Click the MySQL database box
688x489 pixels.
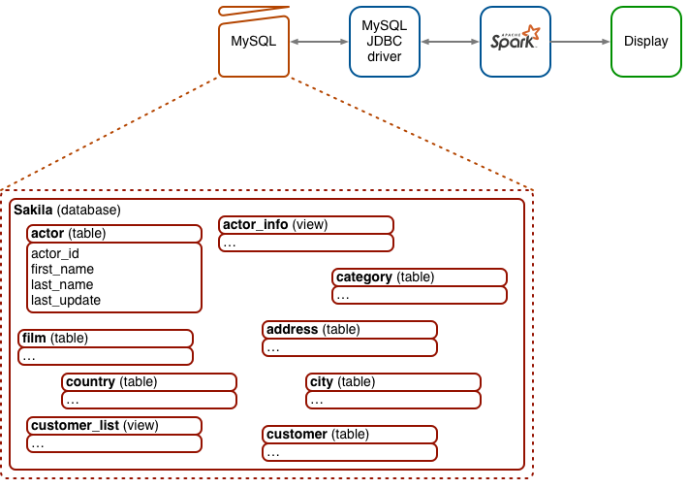pyautogui.click(x=254, y=42)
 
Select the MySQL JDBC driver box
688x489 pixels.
pyautogui.click(x=385, y=42)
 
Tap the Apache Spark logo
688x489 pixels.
pyautogui.click(x=516, y=42)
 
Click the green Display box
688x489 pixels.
pyautogui.click(x=645, y=42)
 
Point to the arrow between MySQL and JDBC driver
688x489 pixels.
pyautogui.click(x=319, y=42)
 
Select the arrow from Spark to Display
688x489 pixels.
pyautogui.click(x=580, y=42)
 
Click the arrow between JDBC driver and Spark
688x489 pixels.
pyautogui.click(x=450, y=42)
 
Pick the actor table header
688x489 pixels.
pyautogui.click(x=113, y=234)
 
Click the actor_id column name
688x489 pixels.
pyautogui.click(x=55, y=254)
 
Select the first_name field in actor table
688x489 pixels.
pyautogui.click(x=62, y=270)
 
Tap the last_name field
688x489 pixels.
pyautogui.click(x=62, y=285)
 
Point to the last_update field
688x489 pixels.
pyautogui.click(x=66, y=301)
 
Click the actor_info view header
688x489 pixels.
pyautogui.click(x=305, y=225)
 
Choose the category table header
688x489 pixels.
pyautogui.click(x=420, y=277)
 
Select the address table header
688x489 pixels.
pyautogui.click(x=349, y=330)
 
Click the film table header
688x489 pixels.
pyautogui.click(x=105, y=339)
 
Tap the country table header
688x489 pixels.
pyautogui.click(x=149, y=382)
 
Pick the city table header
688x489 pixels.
pyautogui.click(x=392, y=382)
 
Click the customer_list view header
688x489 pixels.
pyautogui.click(x=113, y=425)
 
